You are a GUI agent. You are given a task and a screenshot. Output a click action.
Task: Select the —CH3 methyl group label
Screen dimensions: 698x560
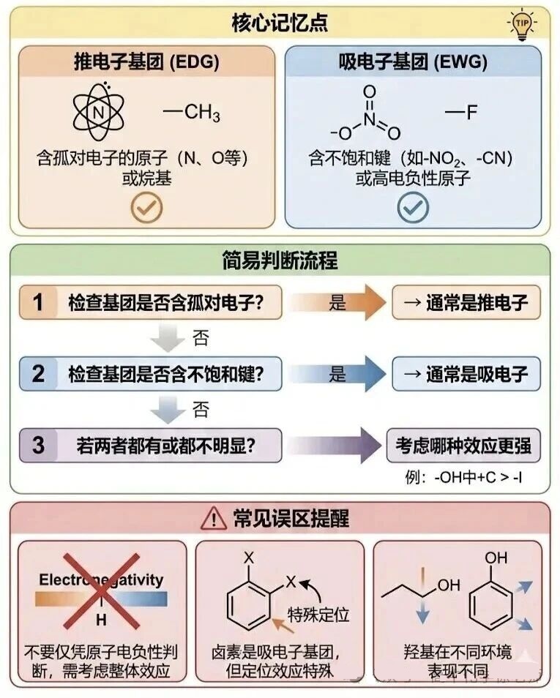pyautogui.click(x=192, y=113)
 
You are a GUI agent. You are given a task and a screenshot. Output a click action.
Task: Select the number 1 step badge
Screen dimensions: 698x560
pyautogui.click(x=39, y=302)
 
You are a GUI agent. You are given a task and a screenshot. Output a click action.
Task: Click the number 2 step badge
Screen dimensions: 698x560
pyautogui.click(x=39, y=374)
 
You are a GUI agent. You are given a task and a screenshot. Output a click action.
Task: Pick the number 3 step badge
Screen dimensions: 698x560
pyautogui.click(x=39, y=444)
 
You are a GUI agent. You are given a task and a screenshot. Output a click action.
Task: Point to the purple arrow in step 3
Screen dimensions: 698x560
pyautogui.click(x=337, y=444)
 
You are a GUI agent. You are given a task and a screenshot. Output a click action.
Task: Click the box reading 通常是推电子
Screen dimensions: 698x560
pyautogui.click(x=467, y=302)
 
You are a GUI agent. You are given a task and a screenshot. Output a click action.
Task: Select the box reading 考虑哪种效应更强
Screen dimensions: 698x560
pyautogui.click(x=463, y=445)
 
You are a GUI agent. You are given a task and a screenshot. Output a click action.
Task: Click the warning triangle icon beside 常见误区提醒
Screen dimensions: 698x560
pyautogui.click(x=213, y=519)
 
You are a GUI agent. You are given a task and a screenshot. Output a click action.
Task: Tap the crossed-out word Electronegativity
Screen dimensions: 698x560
pyautogui.click(x=101, y=581)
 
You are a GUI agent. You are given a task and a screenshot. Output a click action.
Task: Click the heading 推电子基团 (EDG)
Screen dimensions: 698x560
pyautogui.click(x=146, y=62)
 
